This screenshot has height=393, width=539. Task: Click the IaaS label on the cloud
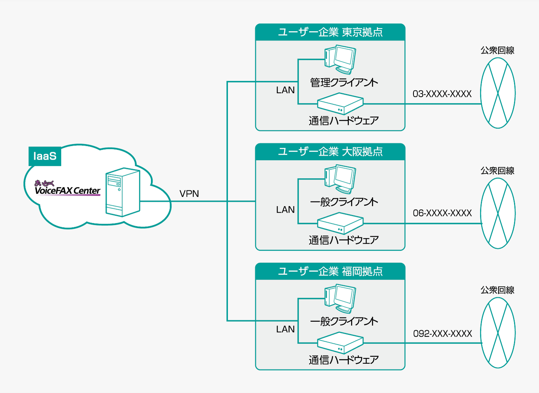(x=45, y=156)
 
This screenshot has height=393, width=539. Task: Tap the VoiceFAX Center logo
(x=67, y=188)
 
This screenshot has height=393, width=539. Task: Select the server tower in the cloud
(x=123, y=192)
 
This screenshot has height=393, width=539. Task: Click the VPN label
(x=189, y=194)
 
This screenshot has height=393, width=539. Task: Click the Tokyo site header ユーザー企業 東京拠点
(x=330, y=32)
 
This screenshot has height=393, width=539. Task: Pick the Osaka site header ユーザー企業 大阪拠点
(x=330, y=152)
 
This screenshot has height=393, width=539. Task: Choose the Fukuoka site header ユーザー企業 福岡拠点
(x=330, y=272)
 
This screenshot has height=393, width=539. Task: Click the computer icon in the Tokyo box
(x=340, y=59)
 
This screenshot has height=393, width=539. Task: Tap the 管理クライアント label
(x=344, y=82)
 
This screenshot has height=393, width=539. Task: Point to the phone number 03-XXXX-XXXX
(x=442, y=94)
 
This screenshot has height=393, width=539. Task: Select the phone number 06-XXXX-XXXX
(x=442, y=213)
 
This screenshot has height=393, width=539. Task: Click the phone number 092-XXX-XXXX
(x=442, y=334)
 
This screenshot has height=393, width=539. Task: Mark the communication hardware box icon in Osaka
(x=340, y=224)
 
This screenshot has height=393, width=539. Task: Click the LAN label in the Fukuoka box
(x=285, y=329)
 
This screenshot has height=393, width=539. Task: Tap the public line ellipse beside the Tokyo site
(x=498, y=93)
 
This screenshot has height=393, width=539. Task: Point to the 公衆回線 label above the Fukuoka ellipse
(x=497, y=290)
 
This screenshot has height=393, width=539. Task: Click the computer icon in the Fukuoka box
(x=340, y=299)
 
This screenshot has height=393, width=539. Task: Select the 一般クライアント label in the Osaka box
(x=344, y=202)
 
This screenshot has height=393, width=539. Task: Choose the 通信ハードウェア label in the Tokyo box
(x=344, y=121)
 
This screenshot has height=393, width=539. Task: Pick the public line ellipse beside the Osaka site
(x=498, y=213)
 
